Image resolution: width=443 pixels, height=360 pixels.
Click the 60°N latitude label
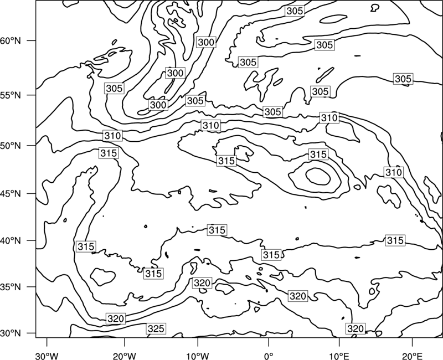click(11, 40)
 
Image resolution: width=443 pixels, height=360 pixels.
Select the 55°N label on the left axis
click(11, 95)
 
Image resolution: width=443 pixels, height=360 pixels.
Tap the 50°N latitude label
click(11, 146)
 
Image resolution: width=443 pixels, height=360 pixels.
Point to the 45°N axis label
click(11, 194)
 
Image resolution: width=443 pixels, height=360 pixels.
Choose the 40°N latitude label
click(11, 241)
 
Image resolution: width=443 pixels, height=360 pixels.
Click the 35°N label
click(11, 287)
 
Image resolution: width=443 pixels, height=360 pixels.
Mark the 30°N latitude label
click(11, 333)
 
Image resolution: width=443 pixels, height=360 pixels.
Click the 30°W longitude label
click(47, 356)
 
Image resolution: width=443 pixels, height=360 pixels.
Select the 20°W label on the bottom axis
click(125, 356)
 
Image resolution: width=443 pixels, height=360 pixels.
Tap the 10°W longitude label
click(198, 356)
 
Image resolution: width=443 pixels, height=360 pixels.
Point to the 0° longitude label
click(269, 356)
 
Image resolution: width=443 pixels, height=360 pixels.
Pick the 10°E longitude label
click(339, 356)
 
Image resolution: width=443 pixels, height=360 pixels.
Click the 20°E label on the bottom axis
click(413, 356)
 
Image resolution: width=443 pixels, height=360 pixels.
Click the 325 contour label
click(156, 328)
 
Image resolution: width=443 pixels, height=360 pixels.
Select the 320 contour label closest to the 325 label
click(116, 318)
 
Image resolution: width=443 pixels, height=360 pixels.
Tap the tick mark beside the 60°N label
click(32, 40)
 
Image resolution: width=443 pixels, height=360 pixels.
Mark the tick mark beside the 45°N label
click(32, 193)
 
